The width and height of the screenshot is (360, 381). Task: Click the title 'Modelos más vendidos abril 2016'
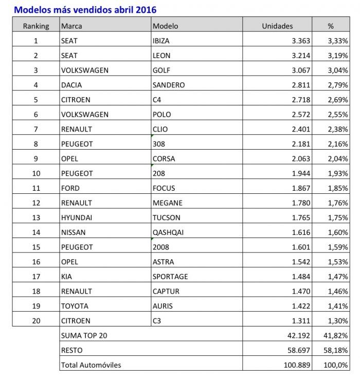coord(85,9)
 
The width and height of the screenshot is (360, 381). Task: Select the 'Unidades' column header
coord(277,26)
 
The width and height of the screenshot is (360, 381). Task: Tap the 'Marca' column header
coord(71,26)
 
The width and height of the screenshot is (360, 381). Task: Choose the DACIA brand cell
coord(71,85)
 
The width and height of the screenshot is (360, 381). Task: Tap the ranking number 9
coord(36,158)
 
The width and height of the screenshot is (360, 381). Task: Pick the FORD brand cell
coord(70,188)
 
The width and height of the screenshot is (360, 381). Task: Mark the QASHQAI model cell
coord(168,232)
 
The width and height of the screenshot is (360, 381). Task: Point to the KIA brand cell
coord(66,277)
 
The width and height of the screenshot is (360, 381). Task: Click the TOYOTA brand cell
coord(75,306)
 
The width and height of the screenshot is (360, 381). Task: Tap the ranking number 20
coord(36,321)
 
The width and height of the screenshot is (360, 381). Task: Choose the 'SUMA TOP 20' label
coord(84,336)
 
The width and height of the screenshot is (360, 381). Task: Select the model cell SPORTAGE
coord(170,277)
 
